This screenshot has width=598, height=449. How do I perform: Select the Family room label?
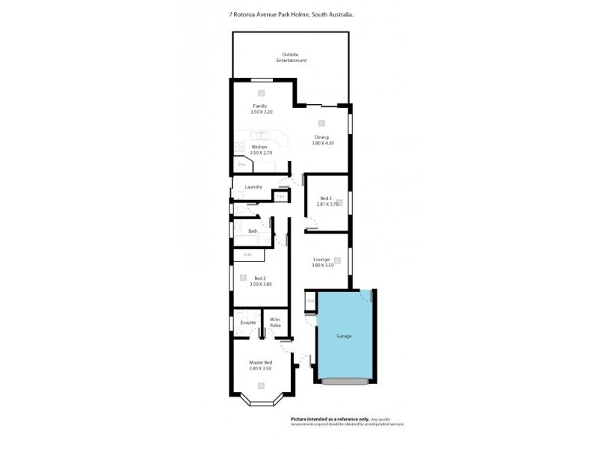259,109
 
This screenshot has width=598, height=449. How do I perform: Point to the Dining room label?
321,140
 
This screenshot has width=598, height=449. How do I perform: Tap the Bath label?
253,231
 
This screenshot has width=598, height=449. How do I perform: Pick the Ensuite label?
248,323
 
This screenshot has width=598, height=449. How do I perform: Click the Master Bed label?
259,366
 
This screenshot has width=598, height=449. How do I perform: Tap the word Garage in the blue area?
344,336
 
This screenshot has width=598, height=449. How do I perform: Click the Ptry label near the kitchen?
241,164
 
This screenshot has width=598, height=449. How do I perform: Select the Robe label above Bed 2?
247,254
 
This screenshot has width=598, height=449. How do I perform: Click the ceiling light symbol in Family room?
262,94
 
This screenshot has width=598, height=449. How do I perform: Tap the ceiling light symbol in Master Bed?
261,385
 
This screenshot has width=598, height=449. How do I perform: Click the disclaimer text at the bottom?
347,421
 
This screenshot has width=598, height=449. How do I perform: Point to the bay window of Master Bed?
261,404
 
